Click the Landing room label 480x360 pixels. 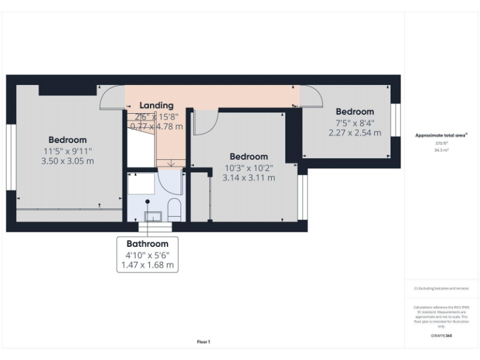pyautogui.click(x=156, y=105)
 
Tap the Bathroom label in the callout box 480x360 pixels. pyautogui.click(x=147, y=244)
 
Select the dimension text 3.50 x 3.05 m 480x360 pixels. pyautogui.click(x=67, y=161)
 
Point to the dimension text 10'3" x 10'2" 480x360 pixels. pyautogui.click(x=249, y=167)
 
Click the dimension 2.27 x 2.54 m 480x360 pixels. pyautogui.click(x=354, y=132)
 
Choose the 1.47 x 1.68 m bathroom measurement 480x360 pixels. pyautogui.click(x=147, y=266)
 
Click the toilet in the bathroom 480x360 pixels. pyautogui.click(x=174, y=211)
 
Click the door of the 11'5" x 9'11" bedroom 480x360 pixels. pyautogui.click(x=111, y=97)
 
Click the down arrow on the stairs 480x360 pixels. pyautogui.click(x=172, y=164)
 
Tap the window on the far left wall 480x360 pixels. pyautogui.click(x=11, y=157)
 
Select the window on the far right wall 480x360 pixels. pyautogui.click(x=394, y=119)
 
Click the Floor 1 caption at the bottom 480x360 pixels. pyautogui.click(x=204, y=342)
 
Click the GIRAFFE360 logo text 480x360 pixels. pyautogui.click(x=441, y=336)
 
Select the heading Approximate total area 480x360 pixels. pyautogui.click(x=441, y=135)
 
